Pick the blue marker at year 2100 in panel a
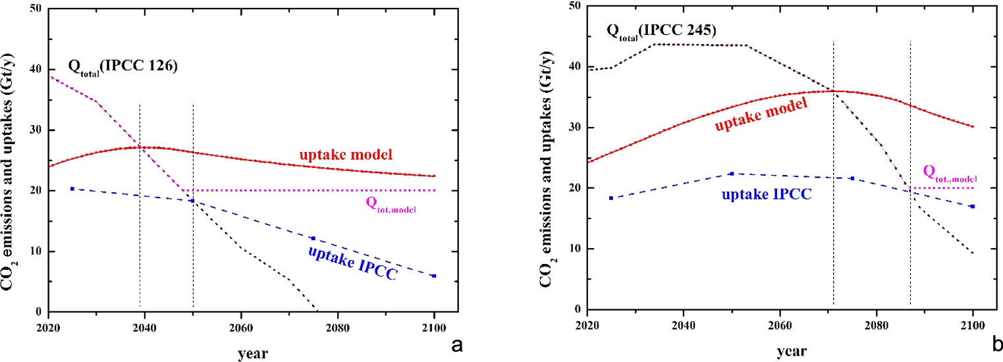pos(434,276)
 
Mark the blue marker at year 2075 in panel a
pos(313,238)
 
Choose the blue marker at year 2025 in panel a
pos(72,189)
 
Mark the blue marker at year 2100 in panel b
pos(972,207)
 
